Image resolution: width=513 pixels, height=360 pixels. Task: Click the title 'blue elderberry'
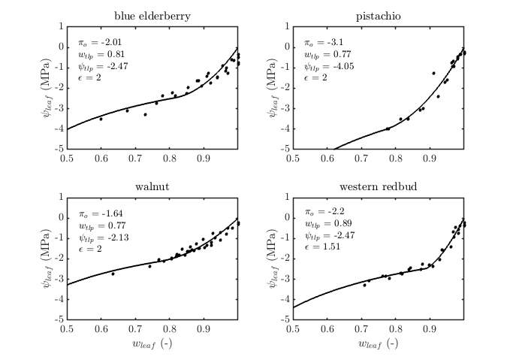tap(152, 15)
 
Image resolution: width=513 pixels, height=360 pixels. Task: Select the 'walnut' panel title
tap(152, 186)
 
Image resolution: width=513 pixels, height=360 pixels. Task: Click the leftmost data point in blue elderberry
tap(101, 119)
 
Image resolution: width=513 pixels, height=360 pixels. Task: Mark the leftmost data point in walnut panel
tap(113, 274)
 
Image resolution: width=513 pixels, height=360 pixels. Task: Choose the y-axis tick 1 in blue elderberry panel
tap(61, 26)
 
